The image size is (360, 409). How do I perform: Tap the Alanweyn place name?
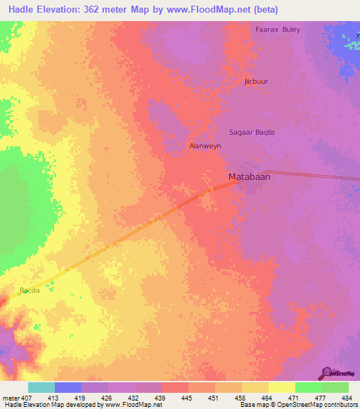pyautogui.click(x=206, y=146)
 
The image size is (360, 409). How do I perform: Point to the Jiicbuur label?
pyautogui.click(x=256, y=82)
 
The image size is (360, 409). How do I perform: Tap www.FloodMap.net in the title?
pyautogui.click(x=217, y=10)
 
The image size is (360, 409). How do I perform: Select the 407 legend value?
pyautogui.click(x=27, y=397)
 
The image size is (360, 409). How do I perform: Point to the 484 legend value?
pyautogui.click(x=347, y=397)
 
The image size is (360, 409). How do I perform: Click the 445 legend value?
pyautogui.click(x=187, y=397)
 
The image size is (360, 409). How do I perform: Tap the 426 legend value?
pyautogui.click(x=107, y=397)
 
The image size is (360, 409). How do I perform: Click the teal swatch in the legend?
pyautogui.click(x=41, y=387)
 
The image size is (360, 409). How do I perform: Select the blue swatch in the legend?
pyautogui.click(x=68, y=387)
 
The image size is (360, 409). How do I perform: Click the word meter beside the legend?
pyautogui.click(x=10, y=397)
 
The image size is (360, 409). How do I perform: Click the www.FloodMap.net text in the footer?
pyautogui.click(x=131, y=405)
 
